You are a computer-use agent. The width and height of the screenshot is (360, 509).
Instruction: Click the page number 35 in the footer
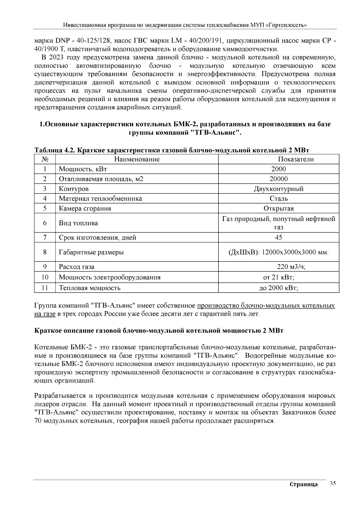click(x=332, y=483)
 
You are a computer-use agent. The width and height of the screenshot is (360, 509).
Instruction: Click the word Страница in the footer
click(x=304, y=485)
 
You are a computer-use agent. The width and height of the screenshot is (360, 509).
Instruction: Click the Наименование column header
click(x=137, y=159)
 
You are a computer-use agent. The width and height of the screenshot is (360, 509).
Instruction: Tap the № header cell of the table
click(x=44, y=159)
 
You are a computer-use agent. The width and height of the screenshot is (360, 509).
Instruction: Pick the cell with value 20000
click(x=278, y=179)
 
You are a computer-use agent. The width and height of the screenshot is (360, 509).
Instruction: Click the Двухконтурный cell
click(x=278, y=189)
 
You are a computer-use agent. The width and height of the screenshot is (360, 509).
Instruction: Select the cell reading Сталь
click(x=278, y=199)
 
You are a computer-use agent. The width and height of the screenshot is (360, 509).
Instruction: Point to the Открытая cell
click(x=278, y=208)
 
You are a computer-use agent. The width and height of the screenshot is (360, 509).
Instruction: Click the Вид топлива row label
click(x=78, y=223)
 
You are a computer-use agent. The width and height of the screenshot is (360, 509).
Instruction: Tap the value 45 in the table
click(x=278, y=238)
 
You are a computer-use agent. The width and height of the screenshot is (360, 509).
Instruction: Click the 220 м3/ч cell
click(x=291, y=267)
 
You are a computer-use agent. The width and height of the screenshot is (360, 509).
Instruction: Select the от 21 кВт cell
click(x=278, y=277)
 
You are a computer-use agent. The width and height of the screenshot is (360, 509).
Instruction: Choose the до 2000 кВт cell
click(x=278, y=288)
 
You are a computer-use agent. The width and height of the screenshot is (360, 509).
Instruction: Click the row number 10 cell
click(x=44, y=277)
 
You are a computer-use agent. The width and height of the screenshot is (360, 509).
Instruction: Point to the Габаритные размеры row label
click(x=91, y=252)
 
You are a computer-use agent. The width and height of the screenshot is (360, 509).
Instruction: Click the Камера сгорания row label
click(x=85, y=208)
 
